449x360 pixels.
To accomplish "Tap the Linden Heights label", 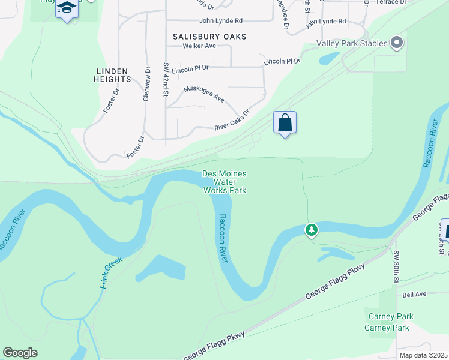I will coord(112,75).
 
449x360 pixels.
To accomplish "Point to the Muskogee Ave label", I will coord(203,93).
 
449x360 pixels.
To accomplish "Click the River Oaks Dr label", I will coord(232,120).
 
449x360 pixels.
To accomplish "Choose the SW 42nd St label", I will coord(166,79).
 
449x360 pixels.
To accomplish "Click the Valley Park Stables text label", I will coord(351,43).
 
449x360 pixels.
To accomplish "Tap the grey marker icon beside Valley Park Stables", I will coord(396,43).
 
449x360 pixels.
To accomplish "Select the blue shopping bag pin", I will coord(285,123).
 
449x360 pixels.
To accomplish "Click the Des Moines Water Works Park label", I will coord(224,182).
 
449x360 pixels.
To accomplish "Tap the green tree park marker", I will coord(311,229).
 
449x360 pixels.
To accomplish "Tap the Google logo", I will coord(20,353).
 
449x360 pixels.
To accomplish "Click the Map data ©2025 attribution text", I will coord(423,355).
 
